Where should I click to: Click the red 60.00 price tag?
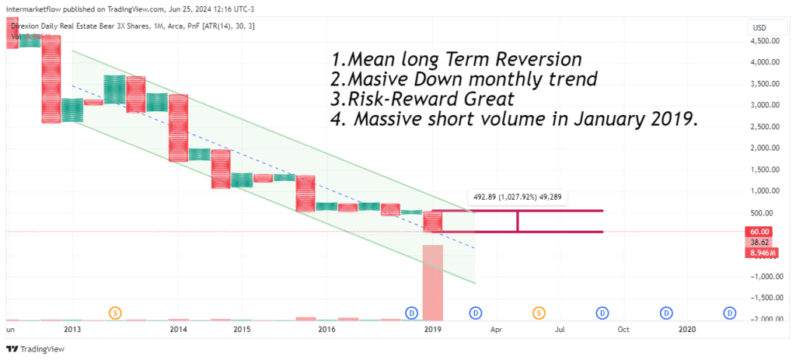coord(759,232)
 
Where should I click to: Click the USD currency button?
coord(759,28)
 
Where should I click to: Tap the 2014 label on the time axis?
coord(179,330)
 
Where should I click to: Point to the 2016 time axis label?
coord(326,330)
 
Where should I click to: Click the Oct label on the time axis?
coord(623,330)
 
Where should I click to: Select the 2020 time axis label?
coord(687,330)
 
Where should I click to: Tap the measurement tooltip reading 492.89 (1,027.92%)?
coord(517,197)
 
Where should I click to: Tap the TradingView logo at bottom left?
coord(30,348)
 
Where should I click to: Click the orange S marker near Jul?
coord(538,313)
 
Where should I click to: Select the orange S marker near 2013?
coord(115,313)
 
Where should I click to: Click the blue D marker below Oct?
coord(602,313)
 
